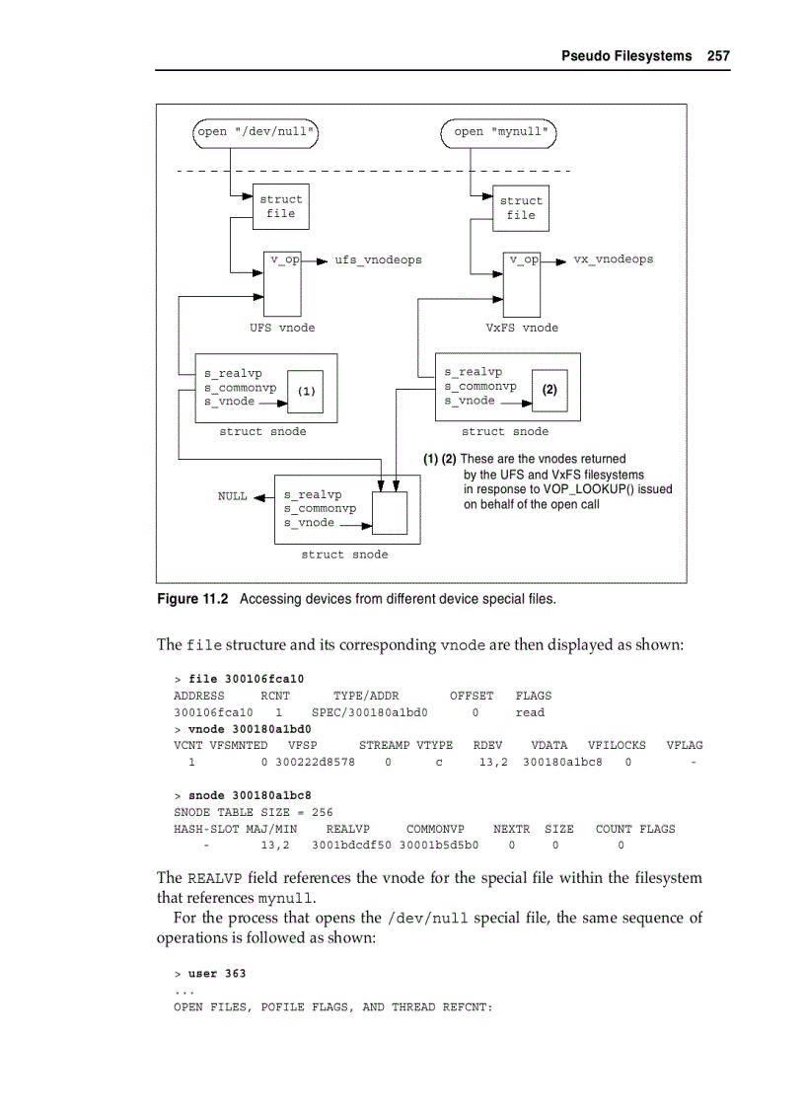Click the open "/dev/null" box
point(256,131)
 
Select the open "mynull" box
point(499,131)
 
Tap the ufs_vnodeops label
point(378,259)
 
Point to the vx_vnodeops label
point(613,259)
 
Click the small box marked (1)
point(306,391)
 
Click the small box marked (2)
point(550,390)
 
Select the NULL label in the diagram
point(232,496)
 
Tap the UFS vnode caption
point(282,328)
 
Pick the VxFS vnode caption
point(522,328)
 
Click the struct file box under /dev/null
point(280,206)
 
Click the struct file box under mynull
point(521,207)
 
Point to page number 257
point(718,55)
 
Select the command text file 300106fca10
point(246,679)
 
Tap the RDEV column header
point(488,745)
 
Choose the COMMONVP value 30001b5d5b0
point(439,846)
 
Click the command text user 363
point(217,974)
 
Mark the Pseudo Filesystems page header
point(626,55)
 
